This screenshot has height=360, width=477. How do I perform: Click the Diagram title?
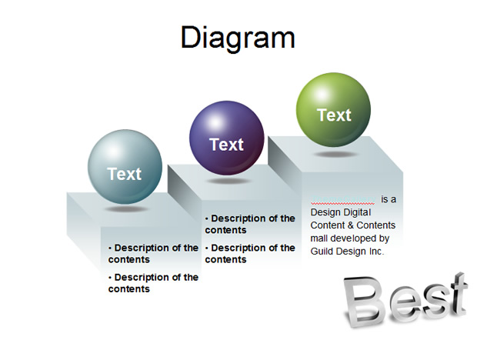pos(238,38)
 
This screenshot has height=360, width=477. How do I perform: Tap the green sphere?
pos(333,110)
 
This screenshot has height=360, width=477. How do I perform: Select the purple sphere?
pos(227,138)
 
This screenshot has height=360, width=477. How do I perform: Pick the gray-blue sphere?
pos(125,167)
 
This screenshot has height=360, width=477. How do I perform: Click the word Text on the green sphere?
pos(334,115)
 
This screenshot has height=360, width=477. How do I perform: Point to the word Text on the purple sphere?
pos(227,145)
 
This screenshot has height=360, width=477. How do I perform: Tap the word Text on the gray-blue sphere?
pos(125,174)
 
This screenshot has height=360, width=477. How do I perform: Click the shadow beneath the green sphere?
pos(335,154)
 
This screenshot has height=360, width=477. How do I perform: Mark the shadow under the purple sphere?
pos(228,182)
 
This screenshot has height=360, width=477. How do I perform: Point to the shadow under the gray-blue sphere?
pos(126,209)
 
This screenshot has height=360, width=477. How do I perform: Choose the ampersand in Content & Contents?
pos(351,225)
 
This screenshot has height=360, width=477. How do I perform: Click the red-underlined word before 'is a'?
pos(343,199)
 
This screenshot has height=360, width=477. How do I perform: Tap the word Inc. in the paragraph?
pos(376,252)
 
